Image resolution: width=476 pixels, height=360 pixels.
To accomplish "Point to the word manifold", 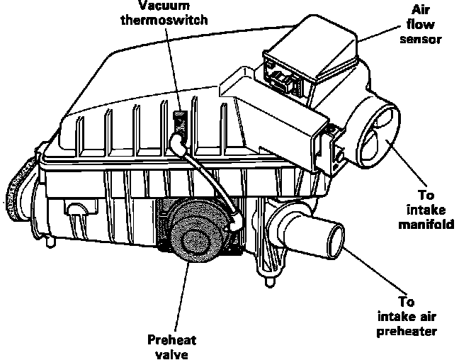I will coord(426,226).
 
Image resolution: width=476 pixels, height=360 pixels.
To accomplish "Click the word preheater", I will coord(417,330).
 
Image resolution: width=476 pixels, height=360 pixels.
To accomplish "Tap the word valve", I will coord(169,352).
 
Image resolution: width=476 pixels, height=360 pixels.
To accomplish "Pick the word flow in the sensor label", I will coord(426,25).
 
